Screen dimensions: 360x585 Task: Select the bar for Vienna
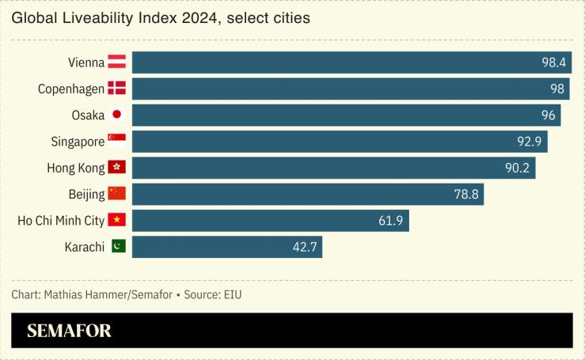[351, 63]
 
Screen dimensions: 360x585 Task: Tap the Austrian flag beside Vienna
[117, 63]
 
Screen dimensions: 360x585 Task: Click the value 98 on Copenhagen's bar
[557, 89]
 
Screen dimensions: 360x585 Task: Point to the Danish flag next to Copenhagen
[117, 89]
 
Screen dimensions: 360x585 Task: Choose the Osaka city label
[88, 115]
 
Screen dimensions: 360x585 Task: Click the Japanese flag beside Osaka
[117, 115]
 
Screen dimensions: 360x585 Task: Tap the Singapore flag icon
[117, 141]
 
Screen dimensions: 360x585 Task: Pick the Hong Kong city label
[76, 168]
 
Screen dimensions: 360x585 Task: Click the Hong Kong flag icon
[117, 167]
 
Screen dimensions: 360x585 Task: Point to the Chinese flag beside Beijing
[117, 193]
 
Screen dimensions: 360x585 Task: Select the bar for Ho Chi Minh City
[270, 220]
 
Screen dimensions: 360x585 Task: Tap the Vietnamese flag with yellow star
[117, 220]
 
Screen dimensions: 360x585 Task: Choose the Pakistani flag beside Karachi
[117, 246]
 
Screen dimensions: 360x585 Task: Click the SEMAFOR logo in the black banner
[69, 331]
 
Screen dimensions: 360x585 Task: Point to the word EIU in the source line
[231, 295]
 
